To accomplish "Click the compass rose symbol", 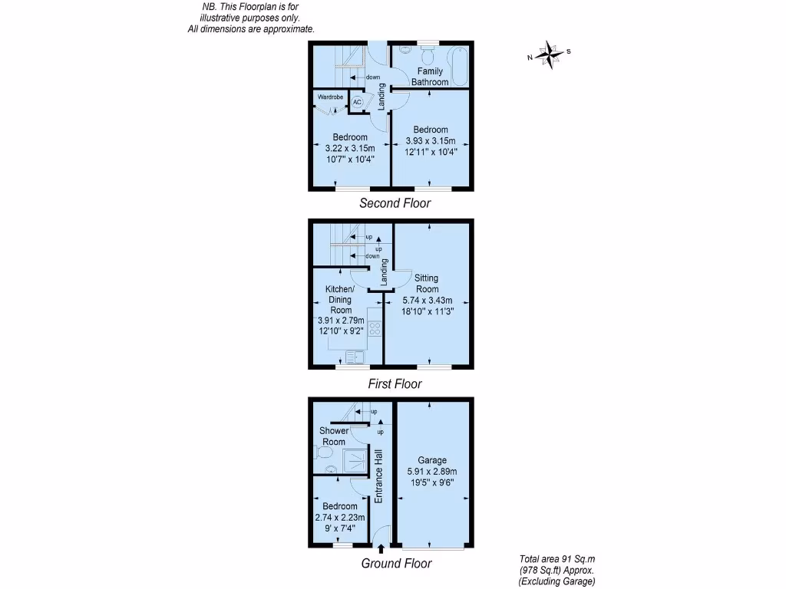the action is tap(550, 54).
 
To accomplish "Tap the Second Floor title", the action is tap(395, 202).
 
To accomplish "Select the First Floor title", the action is tap(395, 383).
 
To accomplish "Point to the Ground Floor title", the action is tap(396, 564).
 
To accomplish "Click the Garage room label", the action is tap(432, 460).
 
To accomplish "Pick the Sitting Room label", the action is tap(427, 284).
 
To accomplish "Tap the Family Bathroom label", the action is tap(430, 77).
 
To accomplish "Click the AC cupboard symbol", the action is tap(357, 102).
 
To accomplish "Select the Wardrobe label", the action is tap(330, 97).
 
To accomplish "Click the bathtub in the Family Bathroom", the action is tap(461, 66).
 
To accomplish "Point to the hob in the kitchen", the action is tap(375, 328).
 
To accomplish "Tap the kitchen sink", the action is tap(355, 357).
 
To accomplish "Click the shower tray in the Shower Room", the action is tap(355, 461).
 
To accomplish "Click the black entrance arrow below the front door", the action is tap(381, 549).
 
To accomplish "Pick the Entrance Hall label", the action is tap(378, 476).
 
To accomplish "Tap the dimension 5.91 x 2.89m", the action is tap(432, 472).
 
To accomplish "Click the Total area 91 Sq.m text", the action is tap(557, 559).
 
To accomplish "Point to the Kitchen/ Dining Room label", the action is tap(340, 300).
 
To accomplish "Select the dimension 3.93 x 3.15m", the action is tap(431, 141).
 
